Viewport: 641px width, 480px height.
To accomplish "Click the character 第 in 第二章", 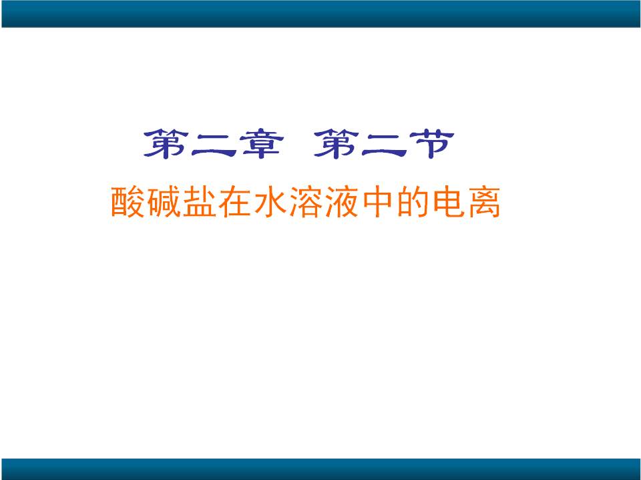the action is pos(166,144).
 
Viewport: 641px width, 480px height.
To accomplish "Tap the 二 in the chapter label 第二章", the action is pos(214,145).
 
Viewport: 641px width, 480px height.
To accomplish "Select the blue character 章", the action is pos(261,144).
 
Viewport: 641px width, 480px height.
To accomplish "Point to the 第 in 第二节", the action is pos(336,144).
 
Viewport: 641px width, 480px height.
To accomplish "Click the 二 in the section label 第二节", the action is pos(384,145).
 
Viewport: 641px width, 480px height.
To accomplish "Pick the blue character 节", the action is pos(432,144).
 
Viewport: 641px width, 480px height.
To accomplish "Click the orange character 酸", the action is pos(128,202).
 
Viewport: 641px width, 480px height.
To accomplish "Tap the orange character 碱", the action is pos(164,202).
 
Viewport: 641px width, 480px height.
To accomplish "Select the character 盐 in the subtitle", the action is pos(199,202).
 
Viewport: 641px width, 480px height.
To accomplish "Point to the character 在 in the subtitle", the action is pos(234,202).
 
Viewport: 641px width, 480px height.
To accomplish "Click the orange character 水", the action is pos(270,202).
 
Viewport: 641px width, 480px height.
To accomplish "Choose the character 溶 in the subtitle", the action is pos(306,202).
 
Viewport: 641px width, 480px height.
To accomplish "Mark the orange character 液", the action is pos(342,202).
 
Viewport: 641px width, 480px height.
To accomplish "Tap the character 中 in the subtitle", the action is pos(377,202).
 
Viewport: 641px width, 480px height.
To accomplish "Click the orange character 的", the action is pos(413,202).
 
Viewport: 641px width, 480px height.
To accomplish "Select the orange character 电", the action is pos(449,202).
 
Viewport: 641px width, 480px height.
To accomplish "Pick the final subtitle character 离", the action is pos(485,202).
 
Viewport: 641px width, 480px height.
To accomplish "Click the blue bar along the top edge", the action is pos(320,13).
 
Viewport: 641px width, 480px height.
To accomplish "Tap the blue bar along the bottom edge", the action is pos(320,469).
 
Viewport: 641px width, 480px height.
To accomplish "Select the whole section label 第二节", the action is pos(384,144).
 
